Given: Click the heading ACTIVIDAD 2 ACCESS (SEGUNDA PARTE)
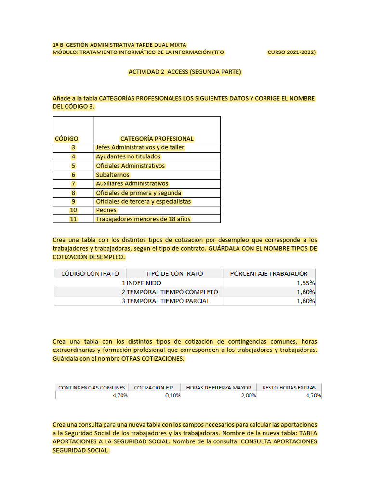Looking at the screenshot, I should (185, 72).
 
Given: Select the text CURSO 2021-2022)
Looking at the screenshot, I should (291, 52).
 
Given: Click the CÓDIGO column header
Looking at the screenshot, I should (66, 139).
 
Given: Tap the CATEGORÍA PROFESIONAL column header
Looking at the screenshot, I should (157, 139).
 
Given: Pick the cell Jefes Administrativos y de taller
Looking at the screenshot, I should (140, 147).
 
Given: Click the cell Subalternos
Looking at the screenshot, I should (113, 175).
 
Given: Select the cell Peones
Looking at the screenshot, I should (106, 210).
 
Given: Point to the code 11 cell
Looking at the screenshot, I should (73, 219).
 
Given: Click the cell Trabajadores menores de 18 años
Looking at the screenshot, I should (143, 219).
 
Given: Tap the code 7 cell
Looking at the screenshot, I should (73, 183).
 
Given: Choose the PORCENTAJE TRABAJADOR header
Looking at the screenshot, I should (269, 273).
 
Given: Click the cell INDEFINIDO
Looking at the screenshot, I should (144, 283).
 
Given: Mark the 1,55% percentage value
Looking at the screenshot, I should (305, 283).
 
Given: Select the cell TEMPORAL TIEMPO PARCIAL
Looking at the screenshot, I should (168, 301).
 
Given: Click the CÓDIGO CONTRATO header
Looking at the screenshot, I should (90, 273).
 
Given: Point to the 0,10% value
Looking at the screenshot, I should (172, 395).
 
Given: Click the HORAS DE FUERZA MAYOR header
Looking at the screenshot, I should (218, 388).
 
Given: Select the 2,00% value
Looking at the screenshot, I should (248, 395).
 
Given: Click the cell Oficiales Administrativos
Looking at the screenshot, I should (130, 166).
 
